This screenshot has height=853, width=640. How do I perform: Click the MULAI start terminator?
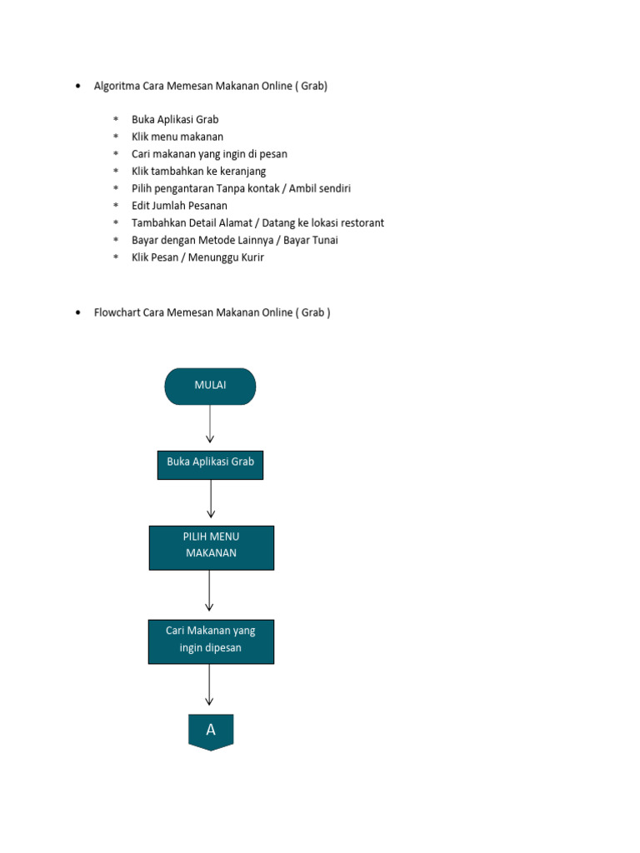coord(210,386)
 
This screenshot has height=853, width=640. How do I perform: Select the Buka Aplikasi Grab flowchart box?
coord(210,463)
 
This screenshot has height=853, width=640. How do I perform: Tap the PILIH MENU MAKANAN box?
coord(211,546)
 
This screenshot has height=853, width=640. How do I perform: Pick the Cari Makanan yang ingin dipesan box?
coord(211,641)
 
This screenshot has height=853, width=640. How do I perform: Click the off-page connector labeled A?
coord(211,731)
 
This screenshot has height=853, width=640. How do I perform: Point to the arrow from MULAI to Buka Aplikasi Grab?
coord(210,425)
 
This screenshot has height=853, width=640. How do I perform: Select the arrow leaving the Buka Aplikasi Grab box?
coord(211,500)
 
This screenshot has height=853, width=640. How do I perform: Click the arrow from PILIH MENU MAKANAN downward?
coord(209,591)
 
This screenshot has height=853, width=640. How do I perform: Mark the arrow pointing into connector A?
coord(209,686)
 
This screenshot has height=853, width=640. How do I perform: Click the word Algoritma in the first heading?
coord(117,86)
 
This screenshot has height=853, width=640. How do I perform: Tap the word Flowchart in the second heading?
coord(117,313)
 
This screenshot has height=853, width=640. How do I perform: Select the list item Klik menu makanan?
coord(177,137)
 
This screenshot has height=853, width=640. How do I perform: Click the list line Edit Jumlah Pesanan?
coord(179,206)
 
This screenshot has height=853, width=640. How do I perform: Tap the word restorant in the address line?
coord(360,223)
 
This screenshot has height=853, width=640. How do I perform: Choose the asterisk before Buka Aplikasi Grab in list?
coord(117,120)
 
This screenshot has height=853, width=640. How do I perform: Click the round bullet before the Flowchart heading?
coord(77,313)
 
